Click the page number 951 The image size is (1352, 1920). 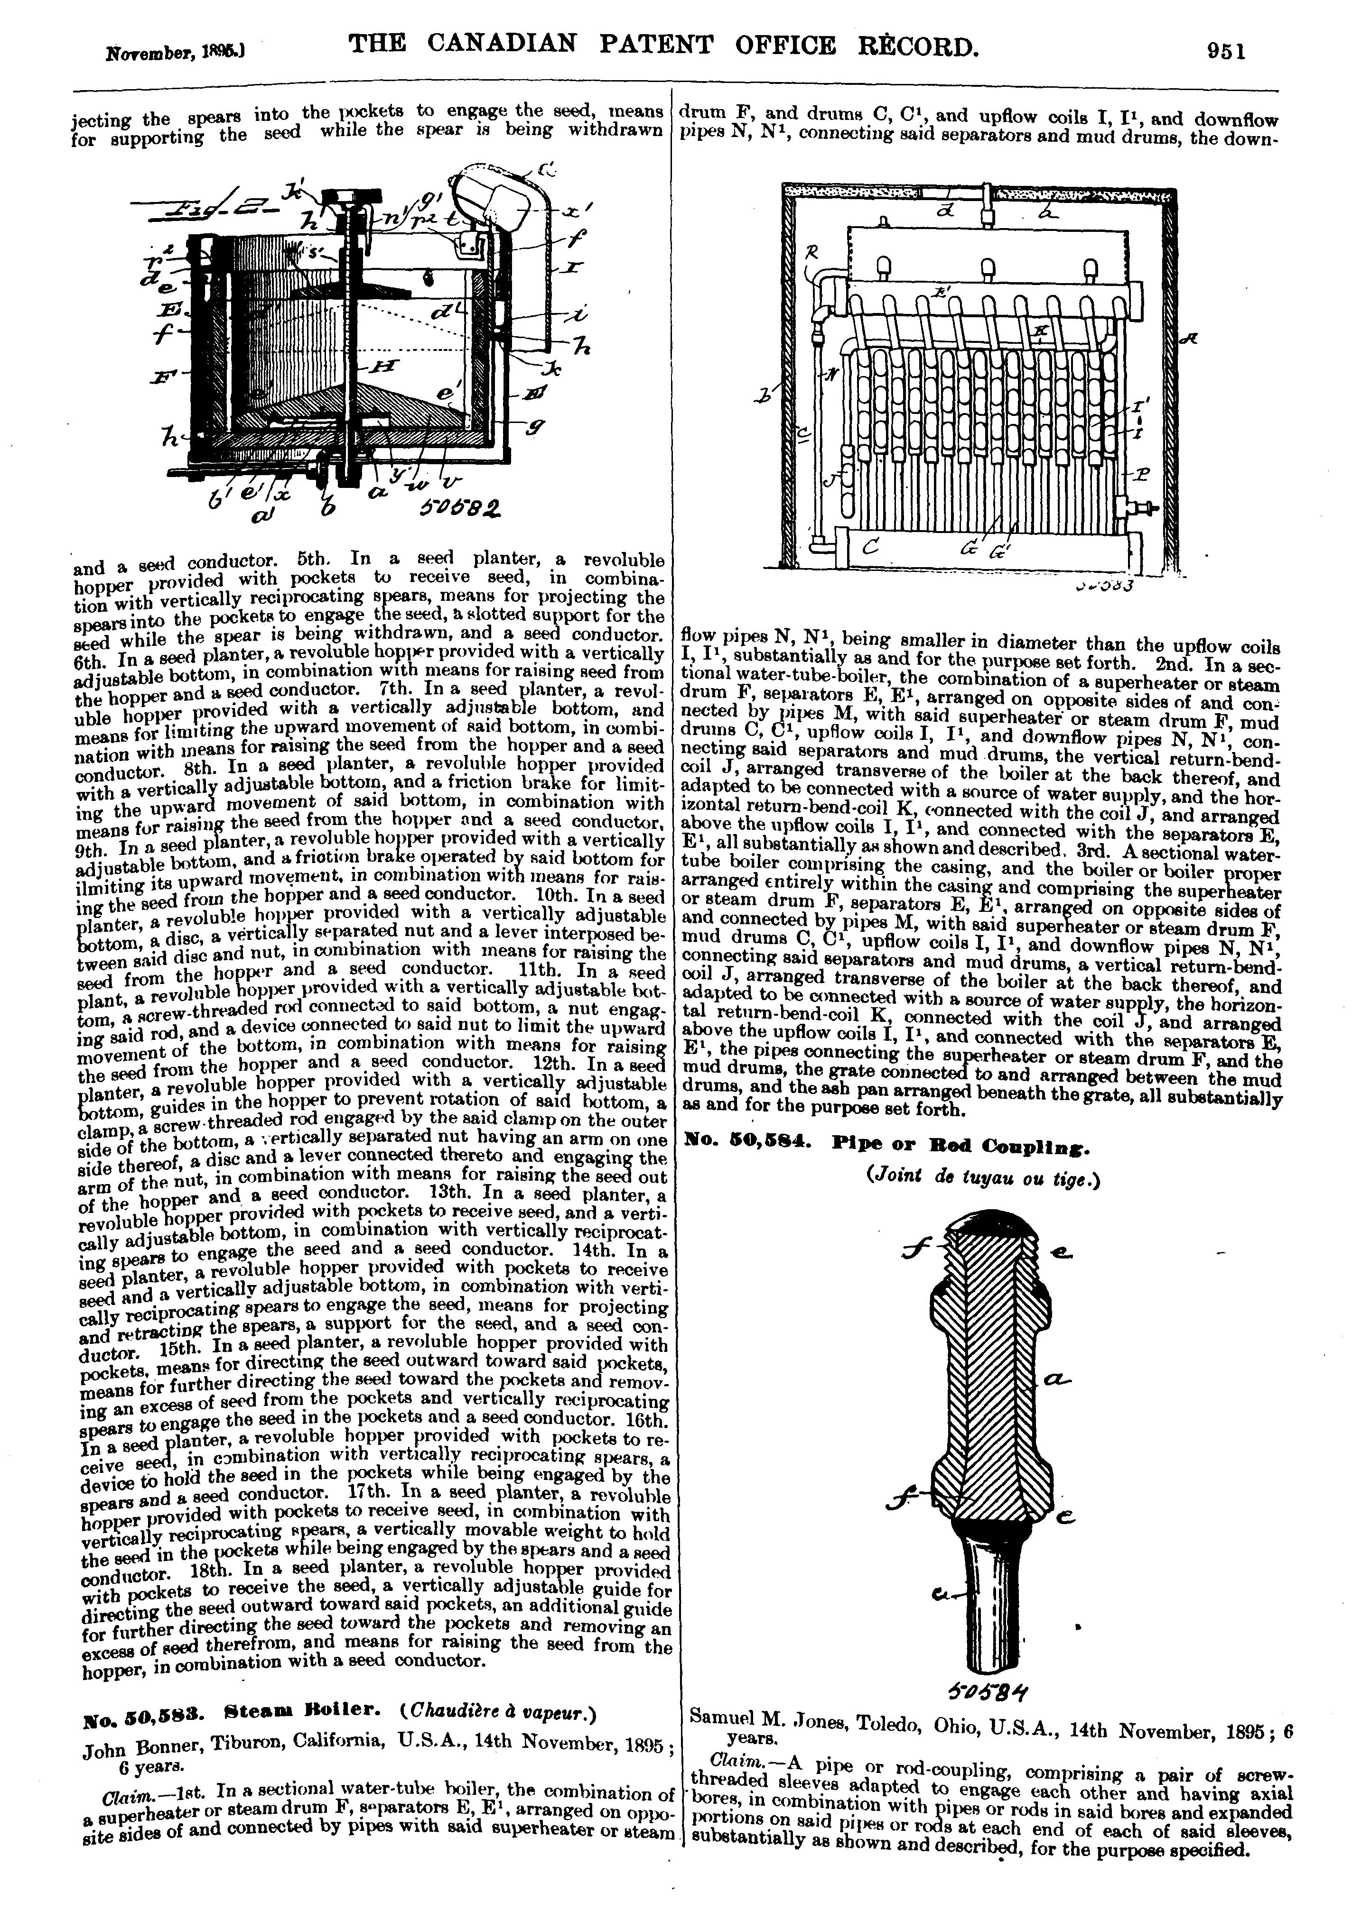(x=1227, y=51)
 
